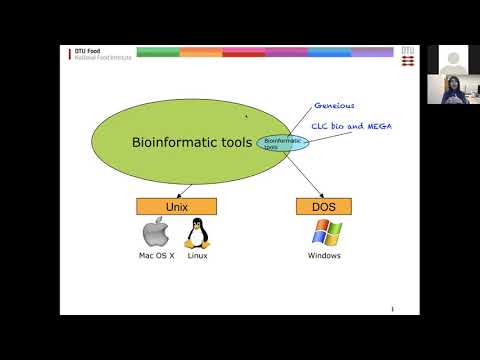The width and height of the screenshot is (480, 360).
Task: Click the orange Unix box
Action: (x=176, y=206)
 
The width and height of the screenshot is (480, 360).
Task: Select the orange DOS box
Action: (x=325, y=206)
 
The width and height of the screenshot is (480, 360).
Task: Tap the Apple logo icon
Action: (x=154, y=234)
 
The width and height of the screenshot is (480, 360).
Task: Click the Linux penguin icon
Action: (x=197, y=234)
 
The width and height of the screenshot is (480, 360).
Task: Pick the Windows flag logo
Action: (x=325, y=234)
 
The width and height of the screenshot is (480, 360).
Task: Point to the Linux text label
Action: (x=197, y=256)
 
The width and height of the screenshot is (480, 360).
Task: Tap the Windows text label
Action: (x=325, y=256)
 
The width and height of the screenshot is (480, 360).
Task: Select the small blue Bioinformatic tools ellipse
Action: (x=283, y=143)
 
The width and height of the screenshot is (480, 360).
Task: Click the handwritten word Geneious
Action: (x=334, y=105)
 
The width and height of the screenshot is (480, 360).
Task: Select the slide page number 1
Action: (x=392, y=309)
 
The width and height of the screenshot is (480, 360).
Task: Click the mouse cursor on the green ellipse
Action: (x=246, y=115)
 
